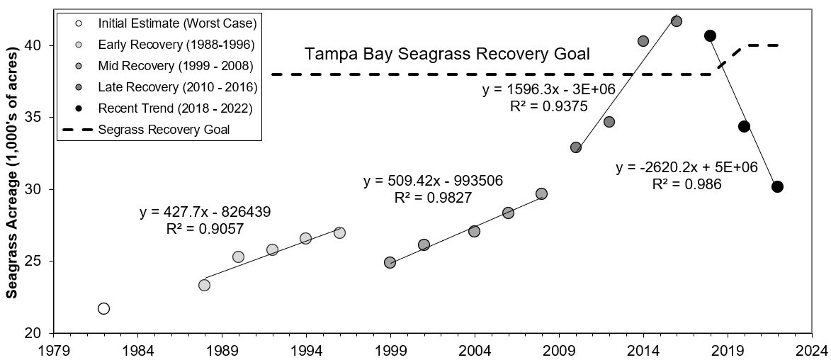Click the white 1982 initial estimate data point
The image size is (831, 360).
click(x=103, y=308)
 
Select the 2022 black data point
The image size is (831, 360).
click(x=777, y=186)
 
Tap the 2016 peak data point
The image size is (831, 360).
click(x=677, y=21)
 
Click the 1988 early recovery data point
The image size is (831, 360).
click(x=204, y=285)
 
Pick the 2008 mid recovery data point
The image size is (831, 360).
click(x=541, y=193)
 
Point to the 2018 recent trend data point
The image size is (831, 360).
click(x=711, y=35)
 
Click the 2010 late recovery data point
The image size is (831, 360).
click(x=576, y=147)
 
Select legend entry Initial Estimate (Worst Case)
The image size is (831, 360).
click(x=177, y=23)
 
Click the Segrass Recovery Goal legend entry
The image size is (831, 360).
click(x=164, y=130)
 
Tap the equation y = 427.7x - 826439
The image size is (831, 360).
click(x=205, y=211)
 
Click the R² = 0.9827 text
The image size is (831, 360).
click(x=433, y=197)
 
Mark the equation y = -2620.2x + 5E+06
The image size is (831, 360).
click(x=686, y=168)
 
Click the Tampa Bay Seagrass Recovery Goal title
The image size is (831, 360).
click(x=447, y=54)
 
